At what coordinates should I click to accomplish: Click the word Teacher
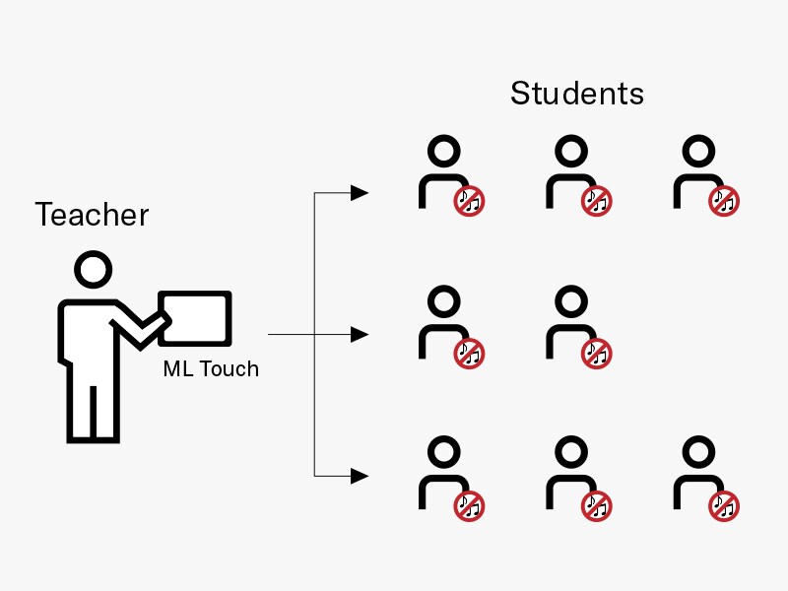click(92, 214)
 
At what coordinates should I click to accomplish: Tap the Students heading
click(576, 94)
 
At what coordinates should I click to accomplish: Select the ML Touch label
click(211, 369)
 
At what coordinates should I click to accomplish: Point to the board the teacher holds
click(195, 317)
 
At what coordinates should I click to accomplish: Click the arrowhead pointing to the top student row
click(361, 192)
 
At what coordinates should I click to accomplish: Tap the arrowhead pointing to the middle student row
click(361, 335)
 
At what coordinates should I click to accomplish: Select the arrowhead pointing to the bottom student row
click(361, 477)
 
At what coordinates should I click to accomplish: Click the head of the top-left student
click(444, 151)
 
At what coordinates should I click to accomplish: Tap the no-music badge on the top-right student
click(724, 202)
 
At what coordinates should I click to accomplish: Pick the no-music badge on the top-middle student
click(596, 202)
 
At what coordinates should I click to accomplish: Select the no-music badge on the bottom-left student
click(469, 506)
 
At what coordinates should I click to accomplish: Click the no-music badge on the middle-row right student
click(596, 353)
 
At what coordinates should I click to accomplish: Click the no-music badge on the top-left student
click(469, 202)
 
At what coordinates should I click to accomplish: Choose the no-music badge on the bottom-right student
click(724, 506)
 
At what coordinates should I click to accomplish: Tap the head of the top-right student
click(698, 151)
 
